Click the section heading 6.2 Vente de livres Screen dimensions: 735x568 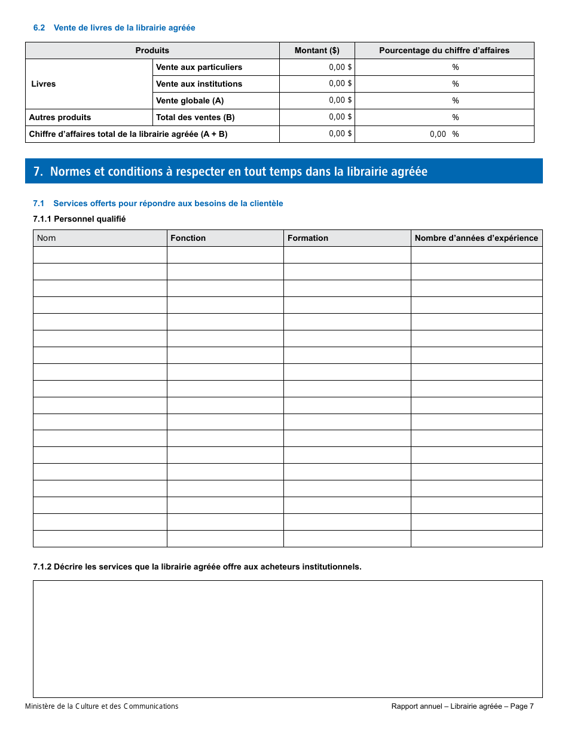coord(114,28)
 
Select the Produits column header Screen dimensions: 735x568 coord(152,51)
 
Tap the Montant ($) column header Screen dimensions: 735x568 coord(317,51)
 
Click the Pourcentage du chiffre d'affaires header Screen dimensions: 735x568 coord(444,51)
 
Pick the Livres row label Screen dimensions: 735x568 coord(44,84)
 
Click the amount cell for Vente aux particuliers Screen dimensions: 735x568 coord(317,68)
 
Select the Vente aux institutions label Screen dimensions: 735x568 coord(199,84)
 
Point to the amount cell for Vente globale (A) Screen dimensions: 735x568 coord(317,100)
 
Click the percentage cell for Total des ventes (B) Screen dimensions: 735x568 coord(444,117)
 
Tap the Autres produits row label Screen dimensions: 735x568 coord(60,117)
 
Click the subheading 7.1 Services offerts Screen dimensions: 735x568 coord(158,204)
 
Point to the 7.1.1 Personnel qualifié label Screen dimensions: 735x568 coord(80,219)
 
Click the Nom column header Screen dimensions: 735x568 coord(47,238)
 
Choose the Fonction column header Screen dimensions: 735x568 coord(188,238)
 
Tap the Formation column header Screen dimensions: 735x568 coord(308,238)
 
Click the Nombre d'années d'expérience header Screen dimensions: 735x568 coord(477,238)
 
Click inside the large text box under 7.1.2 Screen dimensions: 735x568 coord(288,639)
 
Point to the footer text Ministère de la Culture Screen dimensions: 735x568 coord(102,706)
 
